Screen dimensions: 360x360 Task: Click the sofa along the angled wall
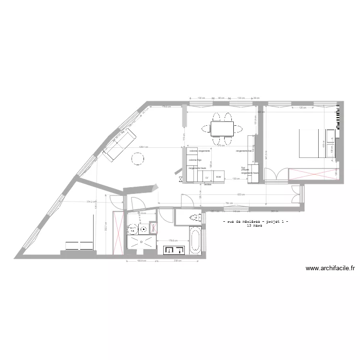coord(117,144)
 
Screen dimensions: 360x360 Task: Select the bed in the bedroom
coord(311,143)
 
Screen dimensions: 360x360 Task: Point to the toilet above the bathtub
coord(195,218)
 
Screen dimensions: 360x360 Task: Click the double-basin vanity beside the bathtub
coord(174,250)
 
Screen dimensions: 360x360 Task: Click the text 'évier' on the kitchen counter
coord(218,177)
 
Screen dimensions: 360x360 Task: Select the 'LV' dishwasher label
coord(207,177)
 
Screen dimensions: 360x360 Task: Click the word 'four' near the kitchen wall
coord(243,167)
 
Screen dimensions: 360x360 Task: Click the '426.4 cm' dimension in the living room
coord(144,147)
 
